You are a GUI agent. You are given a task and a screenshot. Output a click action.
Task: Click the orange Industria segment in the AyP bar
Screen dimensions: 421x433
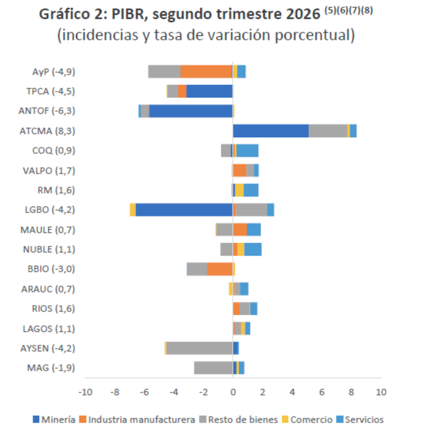pyautogui.click(x=206, y=72)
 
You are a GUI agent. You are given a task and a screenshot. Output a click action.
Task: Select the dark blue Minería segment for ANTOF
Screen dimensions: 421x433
pyautogui.click(x=191, y=111)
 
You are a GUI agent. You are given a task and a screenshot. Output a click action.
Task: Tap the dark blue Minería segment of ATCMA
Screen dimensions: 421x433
pyautogui.click(x=271, y=131)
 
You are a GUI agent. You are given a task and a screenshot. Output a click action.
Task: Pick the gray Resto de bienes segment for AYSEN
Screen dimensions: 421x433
pyautogui.click(x=199, y=348)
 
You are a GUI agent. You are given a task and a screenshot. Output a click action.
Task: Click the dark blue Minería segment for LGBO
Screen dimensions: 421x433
pyautogui.click(x=184, y=209)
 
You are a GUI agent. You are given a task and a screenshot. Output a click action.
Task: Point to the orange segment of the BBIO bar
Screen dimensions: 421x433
pyautogui.click(x=220, y=269)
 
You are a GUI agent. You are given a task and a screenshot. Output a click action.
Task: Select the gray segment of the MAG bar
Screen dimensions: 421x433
pyautogui.click(x=213, y=367)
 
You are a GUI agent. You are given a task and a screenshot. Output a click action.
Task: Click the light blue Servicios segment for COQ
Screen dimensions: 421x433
pyautogui.click(x=247, y=151)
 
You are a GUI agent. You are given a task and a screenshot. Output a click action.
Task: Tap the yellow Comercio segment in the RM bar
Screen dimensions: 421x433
pyautogui.click(x=239, y=190)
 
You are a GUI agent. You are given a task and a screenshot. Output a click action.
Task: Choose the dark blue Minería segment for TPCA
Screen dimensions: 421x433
pyautogui.click(x=210, y=91)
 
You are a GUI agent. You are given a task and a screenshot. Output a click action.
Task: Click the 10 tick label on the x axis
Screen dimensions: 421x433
pyautogui.click(x=381, y=392)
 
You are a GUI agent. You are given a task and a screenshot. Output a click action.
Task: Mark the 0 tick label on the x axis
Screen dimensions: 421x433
pyautogui.click(x=233, y=392)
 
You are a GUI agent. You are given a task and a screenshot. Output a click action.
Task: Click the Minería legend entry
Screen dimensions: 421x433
pyautogui.click(x=54, y=420)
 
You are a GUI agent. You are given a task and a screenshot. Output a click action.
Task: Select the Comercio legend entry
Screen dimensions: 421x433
pyautogui.click(x=307, y=420)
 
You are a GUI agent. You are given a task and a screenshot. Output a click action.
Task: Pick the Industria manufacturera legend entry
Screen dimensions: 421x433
pyautogui.click(x=137, y=420)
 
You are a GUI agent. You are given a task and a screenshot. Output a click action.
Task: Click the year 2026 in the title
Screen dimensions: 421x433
pyautogui.click(x=303, y=14)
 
